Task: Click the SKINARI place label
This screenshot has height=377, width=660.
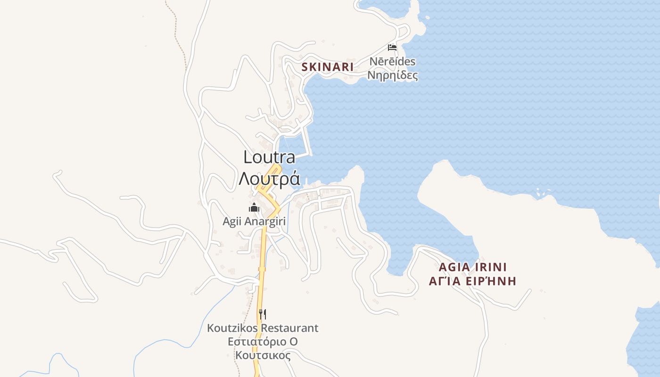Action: [327, 67]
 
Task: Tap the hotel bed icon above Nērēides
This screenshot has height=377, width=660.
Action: [392, 47]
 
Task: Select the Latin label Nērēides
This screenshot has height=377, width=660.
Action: [392, 62]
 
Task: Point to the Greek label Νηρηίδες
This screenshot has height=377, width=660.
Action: [392, 75]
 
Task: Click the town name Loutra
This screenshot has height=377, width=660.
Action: [269, 157]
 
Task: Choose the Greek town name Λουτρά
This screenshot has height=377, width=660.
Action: [269, 179]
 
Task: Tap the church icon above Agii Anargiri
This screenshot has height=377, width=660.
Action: [254, 207]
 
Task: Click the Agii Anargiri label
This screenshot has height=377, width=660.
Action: [254, 221]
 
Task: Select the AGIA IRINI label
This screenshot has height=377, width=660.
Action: [472, 267]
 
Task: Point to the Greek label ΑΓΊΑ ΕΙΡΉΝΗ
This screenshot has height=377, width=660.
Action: [472, 281]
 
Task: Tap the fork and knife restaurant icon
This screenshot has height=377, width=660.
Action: [263, 314]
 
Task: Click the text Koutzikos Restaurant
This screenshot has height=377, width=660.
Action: [263, 328]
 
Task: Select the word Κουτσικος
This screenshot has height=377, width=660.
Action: [263, 355]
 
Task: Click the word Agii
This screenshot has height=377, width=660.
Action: [232, 221]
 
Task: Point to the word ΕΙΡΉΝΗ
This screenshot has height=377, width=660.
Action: [493, 281]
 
